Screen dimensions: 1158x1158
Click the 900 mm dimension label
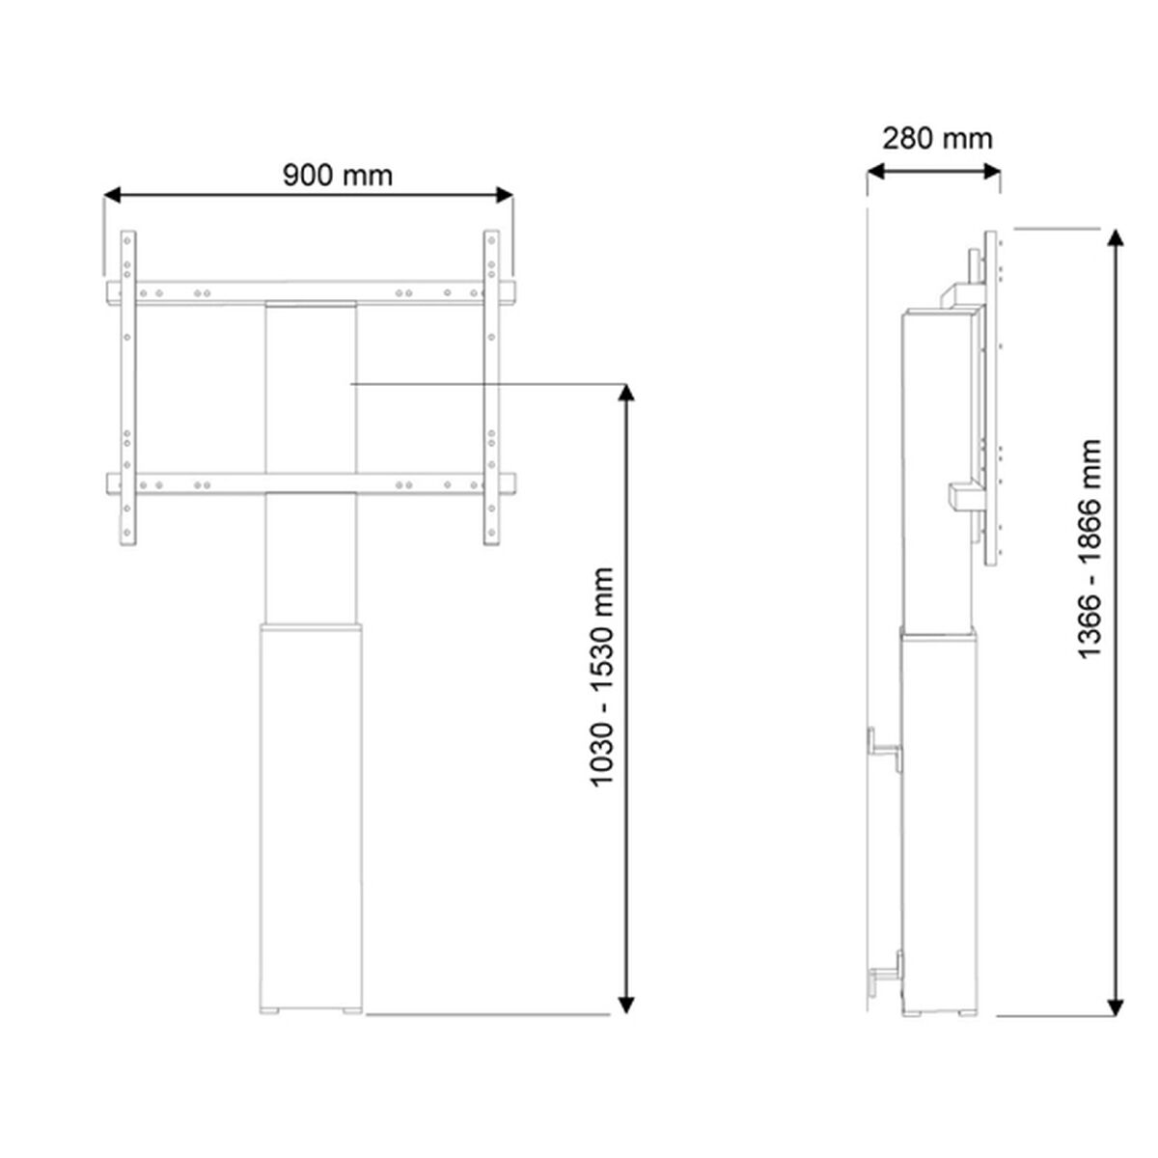coord(338,175)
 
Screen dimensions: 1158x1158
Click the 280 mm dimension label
coord(936,138)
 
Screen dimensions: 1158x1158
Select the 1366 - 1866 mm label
coord(1090,548)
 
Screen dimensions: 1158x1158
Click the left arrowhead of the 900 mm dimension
coord(112,195)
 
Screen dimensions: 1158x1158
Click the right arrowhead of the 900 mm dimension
coord(504,195)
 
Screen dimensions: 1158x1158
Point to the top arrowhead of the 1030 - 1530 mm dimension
coord(626,393)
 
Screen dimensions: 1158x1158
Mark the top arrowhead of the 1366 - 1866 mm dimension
coord(1117,238)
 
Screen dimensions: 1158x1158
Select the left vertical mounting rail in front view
coord(128,386)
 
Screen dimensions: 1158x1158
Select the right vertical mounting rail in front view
coord(491,386)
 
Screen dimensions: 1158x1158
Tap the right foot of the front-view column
coord(351,1012)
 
